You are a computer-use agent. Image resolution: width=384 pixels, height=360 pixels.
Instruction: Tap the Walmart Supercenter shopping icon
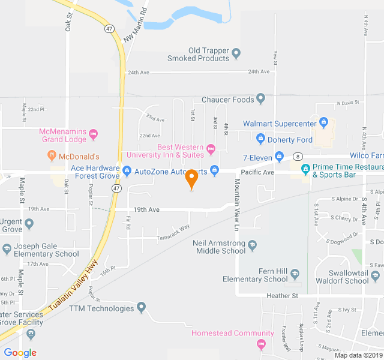click(324, 124)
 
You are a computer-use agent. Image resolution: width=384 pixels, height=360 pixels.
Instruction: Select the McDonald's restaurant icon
click(52, 156)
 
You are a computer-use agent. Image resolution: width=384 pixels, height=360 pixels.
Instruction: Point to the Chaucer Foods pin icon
click(260, 99)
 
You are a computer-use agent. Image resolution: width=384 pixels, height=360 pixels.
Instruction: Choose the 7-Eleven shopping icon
click(279, 157)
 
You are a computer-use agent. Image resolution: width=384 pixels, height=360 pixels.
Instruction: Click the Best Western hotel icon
click(211, 148)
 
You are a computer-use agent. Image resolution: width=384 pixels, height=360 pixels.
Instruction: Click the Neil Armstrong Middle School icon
click(252, 245)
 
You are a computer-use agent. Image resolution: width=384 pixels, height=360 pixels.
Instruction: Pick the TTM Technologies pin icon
click(142, 308)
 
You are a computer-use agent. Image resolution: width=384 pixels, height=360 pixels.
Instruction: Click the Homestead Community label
click(224, 333)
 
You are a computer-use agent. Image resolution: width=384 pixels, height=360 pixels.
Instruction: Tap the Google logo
click(20, 353)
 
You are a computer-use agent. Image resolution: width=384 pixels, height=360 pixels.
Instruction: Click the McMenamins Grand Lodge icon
click(93, 136)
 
